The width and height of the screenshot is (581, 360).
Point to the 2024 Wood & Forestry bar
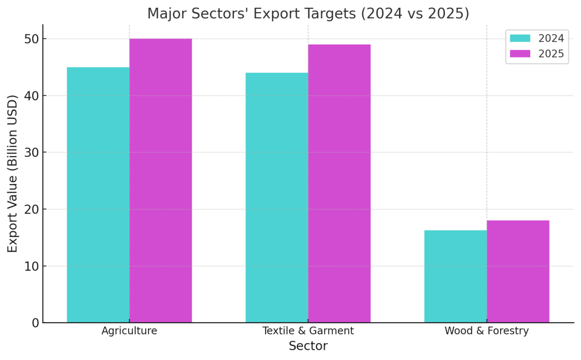(x=455, y=276)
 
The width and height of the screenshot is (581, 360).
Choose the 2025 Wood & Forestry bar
(x=518, y=271)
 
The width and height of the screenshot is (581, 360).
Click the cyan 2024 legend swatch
(x=520, y=38)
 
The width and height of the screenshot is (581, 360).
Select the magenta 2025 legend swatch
(x=520, y=54)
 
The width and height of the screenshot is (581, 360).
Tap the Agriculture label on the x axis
(x=129, y=331)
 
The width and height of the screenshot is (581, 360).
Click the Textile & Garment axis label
(x=308, y=331)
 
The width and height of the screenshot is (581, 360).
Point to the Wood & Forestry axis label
(x=487, y=331)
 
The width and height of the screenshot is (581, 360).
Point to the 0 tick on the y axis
(x=35, y=323)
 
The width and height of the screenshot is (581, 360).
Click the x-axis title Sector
(x=308, y=346)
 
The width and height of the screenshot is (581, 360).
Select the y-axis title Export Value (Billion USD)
(x=13, y=173)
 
